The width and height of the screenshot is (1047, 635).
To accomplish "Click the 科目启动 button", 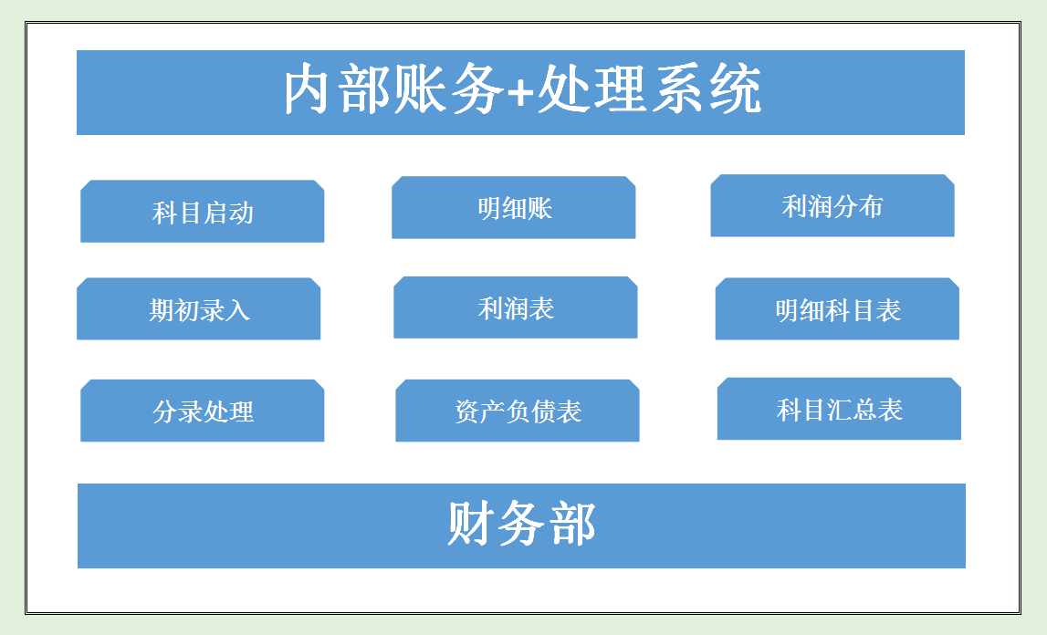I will [203, 212].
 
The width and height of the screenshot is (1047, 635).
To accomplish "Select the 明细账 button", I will [514, 208].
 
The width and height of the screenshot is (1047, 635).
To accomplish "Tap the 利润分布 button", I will [832, 206].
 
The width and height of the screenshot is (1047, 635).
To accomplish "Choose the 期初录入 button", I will [199, 309].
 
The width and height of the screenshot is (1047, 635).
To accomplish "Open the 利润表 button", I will [516, 307].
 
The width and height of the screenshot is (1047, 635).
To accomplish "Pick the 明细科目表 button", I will [837, 309].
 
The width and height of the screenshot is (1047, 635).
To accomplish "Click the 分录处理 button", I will [203, 411].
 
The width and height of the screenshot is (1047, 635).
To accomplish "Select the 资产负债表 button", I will [518, 411].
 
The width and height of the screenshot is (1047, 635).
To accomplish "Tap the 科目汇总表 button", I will [839, 409].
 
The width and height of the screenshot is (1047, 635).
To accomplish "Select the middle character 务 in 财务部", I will [521, 524].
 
